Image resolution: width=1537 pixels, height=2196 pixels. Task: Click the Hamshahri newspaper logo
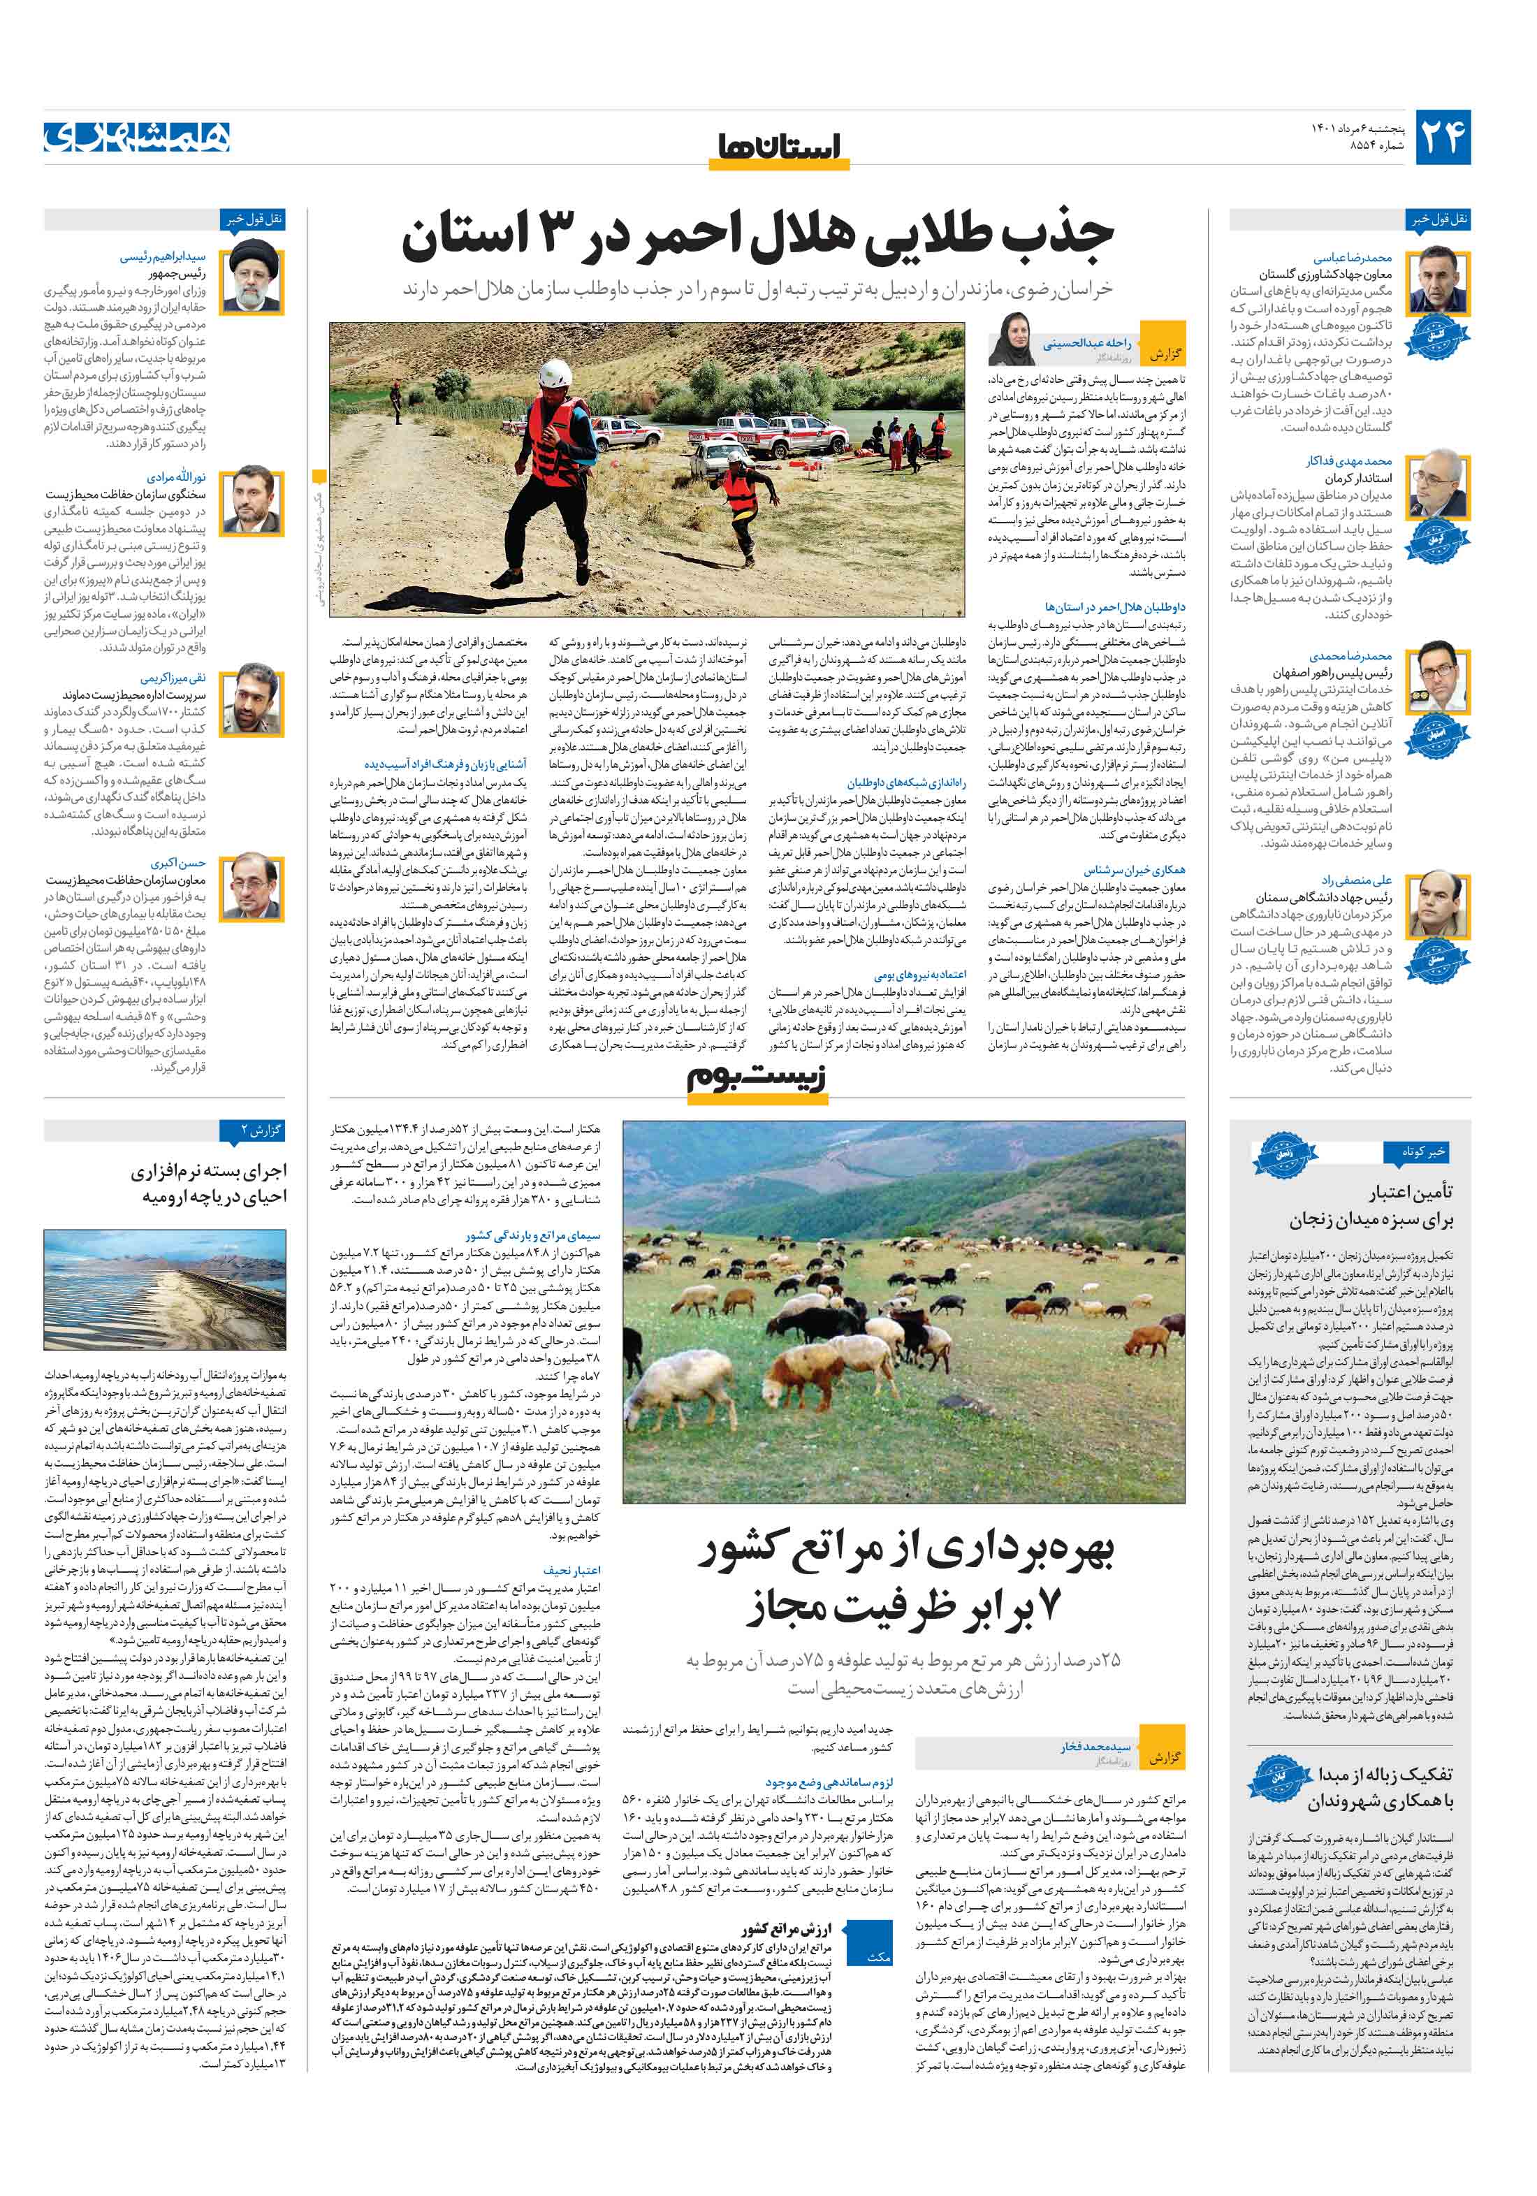coord(137,137)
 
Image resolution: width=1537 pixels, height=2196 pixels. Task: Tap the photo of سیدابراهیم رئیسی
coord(252,278)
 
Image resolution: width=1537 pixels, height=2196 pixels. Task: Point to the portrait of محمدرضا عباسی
coord(1438,279)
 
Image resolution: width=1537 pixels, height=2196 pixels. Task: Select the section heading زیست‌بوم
coord(756,1077)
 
